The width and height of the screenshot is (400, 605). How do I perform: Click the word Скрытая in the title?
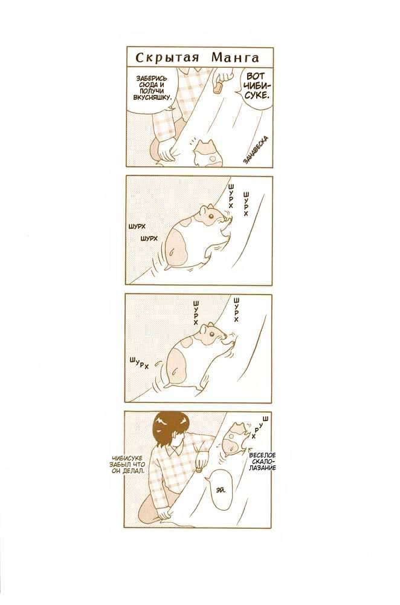tap(167, 58)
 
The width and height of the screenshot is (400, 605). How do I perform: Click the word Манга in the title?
tap(234, 58)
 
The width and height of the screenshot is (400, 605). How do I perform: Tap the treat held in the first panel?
tap(218, 87)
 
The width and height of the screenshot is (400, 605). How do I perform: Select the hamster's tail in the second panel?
tap(171, 253)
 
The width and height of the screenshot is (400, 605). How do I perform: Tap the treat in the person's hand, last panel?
tap(198, 470)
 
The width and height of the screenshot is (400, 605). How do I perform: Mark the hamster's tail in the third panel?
tap(175, 371)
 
